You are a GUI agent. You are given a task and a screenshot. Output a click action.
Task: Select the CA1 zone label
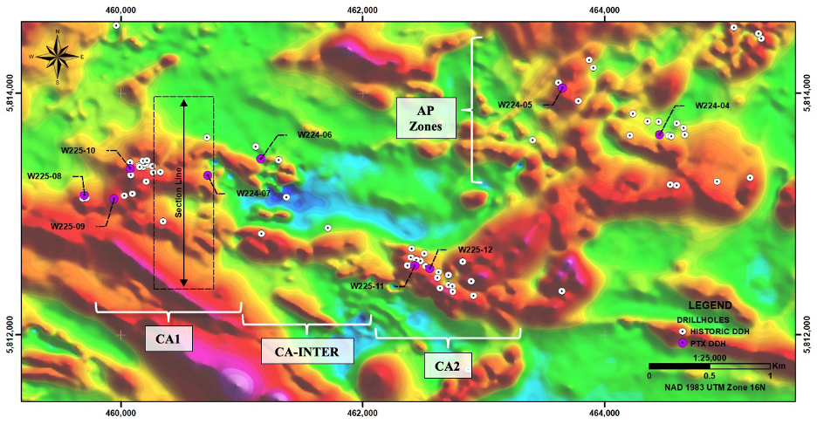coord(169,337)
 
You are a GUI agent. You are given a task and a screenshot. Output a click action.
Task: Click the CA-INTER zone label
coord(307,351)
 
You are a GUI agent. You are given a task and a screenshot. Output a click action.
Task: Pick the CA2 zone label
coord(448,366)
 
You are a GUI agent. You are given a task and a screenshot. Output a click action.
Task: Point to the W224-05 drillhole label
coord(515,105)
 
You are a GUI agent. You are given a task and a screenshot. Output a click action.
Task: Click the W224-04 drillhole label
coord(712,106)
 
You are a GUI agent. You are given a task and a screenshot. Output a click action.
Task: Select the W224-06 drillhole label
coord(314,135)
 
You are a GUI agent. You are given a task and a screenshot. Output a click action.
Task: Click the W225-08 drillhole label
coord(44,175)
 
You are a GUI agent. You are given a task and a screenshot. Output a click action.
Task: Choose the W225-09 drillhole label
coord(67,226)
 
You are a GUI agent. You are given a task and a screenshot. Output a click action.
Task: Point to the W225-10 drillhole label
coord(78,150)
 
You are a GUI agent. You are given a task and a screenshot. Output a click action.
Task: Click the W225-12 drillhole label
coord(476,250)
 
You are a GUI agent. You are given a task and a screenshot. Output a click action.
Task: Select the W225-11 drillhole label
coord(367,285)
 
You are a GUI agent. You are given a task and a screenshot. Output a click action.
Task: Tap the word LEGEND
coord(709,306)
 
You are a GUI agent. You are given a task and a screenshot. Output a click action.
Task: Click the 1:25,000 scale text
coord(709,356)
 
